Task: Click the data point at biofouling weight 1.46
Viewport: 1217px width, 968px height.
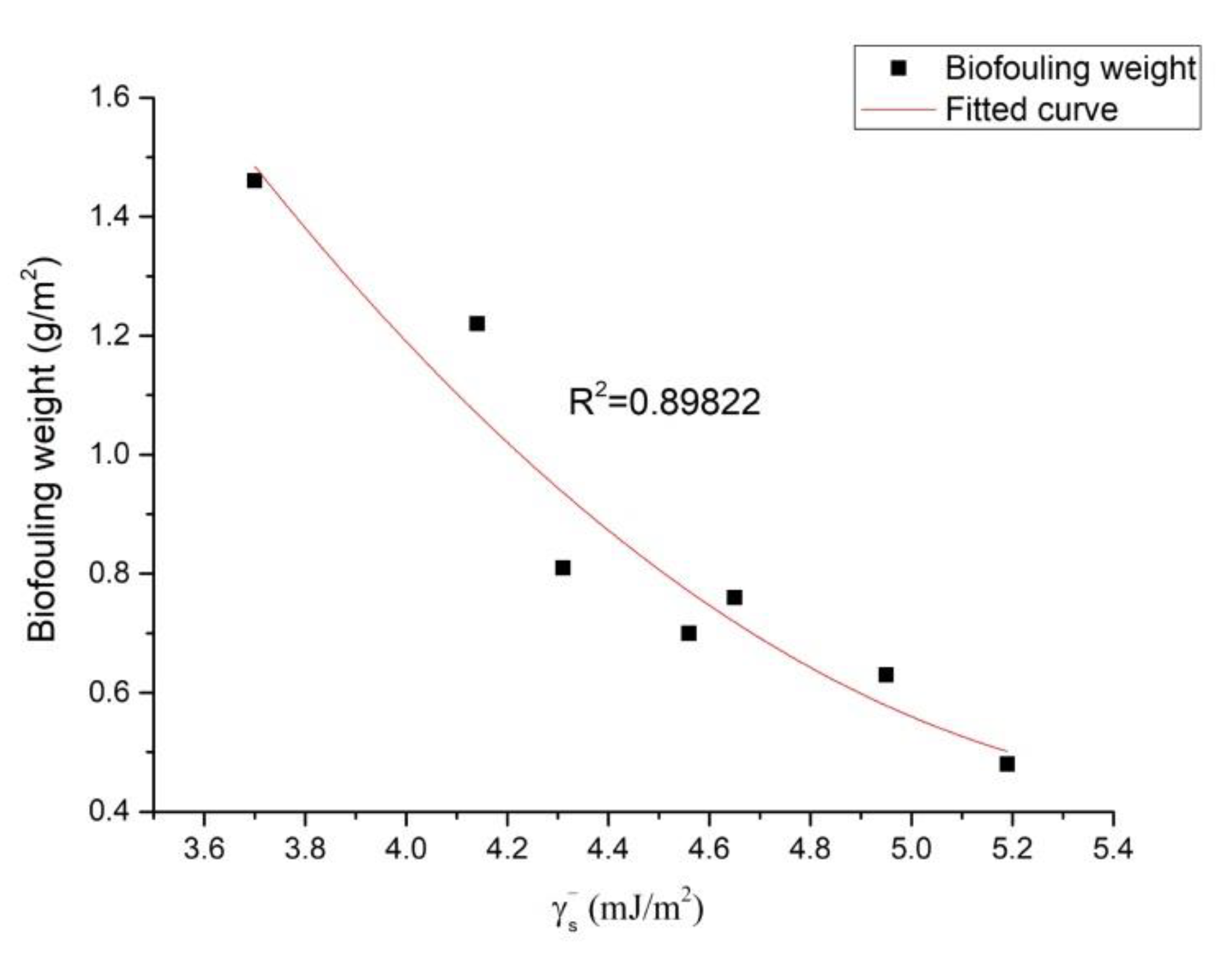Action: (254, 181)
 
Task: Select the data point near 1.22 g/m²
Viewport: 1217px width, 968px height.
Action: (477, 324)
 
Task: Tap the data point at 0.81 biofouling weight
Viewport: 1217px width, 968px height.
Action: (562, 568)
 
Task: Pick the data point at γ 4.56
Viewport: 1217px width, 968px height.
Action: (689, 633)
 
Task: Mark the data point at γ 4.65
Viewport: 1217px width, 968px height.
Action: (734, 598)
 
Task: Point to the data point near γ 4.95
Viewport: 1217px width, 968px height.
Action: (886, 675)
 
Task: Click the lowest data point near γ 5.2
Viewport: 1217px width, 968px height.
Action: (1007, 765)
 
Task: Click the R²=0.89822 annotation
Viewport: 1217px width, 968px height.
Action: (664, 403)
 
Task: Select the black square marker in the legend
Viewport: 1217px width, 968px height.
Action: (899, 69)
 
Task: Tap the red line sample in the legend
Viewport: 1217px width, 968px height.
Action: (899, 110)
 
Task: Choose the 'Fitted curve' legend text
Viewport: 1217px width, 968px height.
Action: (1031, 110)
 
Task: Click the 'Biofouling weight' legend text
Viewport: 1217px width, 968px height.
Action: (1070, 68)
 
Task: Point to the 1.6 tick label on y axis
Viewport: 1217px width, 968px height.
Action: (109, 97)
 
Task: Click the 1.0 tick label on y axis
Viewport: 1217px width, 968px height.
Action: (109, 455)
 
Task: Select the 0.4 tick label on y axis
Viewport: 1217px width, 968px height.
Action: (109, 811)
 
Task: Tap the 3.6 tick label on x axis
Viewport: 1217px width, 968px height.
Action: (204, 849)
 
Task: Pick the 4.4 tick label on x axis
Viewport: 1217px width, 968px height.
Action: (608, 849)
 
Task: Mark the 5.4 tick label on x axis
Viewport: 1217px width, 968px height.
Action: (1113, 849)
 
